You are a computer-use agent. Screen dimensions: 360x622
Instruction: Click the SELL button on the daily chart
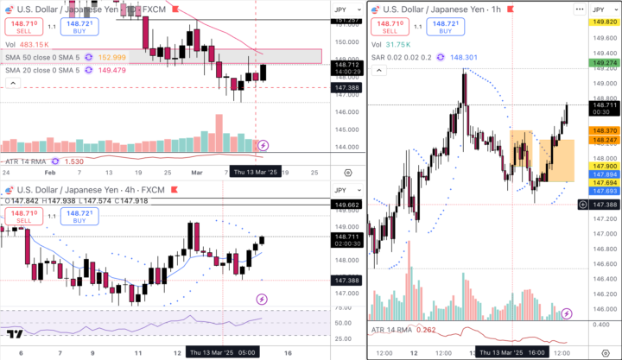23,28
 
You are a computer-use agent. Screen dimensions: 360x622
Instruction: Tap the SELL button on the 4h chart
23,216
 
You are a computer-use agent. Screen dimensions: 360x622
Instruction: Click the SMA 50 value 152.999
112,57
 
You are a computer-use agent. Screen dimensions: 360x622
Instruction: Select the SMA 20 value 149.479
112,71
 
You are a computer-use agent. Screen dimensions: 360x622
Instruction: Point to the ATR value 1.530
74,161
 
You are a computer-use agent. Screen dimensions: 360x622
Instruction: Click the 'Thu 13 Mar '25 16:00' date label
511,353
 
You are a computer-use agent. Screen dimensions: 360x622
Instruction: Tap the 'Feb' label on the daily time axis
49,173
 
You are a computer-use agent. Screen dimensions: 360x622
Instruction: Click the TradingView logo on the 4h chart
14,335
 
